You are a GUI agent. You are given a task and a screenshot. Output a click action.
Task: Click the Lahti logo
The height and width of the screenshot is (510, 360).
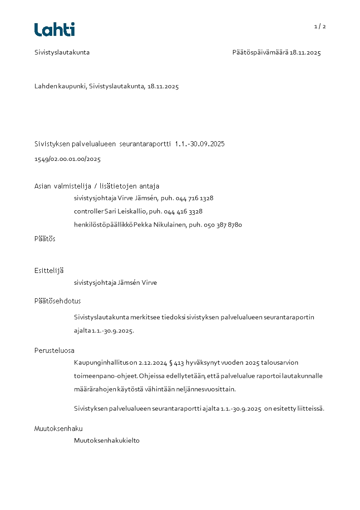point(54,30)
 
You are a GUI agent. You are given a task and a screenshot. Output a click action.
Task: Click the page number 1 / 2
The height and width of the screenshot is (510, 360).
point(320,26)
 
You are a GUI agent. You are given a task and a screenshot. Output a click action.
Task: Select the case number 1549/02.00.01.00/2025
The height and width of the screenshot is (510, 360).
point(68,159)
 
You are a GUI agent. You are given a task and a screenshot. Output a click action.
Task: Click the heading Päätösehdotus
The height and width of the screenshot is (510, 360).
point(58,301)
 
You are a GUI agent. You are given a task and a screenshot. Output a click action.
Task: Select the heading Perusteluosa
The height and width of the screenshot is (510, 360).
point(54,351)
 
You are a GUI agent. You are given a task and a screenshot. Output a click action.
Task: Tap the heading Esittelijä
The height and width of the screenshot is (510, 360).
point(49,271)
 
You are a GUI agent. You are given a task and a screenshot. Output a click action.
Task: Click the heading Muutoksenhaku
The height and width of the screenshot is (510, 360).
point(59,429)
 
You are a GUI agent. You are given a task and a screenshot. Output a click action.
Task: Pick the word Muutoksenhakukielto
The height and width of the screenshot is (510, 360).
point(107,441)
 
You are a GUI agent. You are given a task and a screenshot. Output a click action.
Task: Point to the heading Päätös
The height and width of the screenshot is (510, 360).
point(45,239)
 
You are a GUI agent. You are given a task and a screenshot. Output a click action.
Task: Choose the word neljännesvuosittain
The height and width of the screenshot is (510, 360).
point(207,389)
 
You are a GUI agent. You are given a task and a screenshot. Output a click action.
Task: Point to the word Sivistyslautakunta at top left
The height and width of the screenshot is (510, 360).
point(62,53)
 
